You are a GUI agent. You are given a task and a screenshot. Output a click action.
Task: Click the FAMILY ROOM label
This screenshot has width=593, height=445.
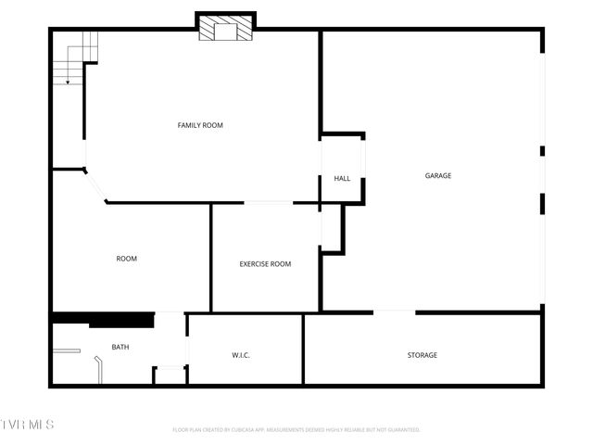(200, 125)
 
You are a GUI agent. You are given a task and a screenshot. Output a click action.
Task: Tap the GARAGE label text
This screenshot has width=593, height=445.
(438, 175)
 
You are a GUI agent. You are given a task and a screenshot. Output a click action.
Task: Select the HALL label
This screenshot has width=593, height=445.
(342, 178)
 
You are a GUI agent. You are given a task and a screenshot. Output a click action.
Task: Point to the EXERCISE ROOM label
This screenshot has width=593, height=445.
(265, 264)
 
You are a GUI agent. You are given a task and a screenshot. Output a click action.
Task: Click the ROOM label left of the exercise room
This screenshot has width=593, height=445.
(126, 259)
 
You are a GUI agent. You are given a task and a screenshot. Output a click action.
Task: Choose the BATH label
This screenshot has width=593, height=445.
(120, 347)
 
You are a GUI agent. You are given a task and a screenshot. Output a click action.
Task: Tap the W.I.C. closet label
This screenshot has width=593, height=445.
(241, 355)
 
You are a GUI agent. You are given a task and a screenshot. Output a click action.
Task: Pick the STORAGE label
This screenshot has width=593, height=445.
(422, 355)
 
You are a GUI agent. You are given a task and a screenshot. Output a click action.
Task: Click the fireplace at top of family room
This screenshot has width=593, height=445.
(225, 29)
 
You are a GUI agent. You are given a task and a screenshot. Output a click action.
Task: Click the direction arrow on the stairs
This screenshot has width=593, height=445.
(68, 82)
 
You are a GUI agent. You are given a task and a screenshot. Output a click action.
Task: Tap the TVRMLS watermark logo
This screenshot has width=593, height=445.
(27, 425)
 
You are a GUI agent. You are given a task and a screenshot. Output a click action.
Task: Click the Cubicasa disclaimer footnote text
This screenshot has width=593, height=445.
(296, 429)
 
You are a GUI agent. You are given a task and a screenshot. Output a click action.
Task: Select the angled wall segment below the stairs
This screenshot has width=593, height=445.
(95, 184)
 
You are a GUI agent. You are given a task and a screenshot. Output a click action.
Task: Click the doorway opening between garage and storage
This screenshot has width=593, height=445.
(395, 312)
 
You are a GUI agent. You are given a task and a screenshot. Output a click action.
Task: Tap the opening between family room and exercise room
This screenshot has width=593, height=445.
(269, 202)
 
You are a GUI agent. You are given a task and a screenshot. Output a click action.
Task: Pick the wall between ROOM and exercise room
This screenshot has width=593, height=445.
(211, 257)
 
